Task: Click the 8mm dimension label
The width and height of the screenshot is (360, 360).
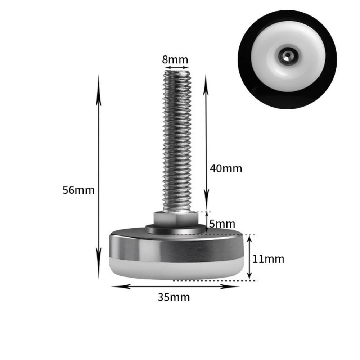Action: point(175,60)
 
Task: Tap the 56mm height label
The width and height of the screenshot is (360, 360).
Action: point(78,190)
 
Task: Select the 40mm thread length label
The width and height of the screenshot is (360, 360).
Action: point(226,168)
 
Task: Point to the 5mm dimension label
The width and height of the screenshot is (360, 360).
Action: point(222,224)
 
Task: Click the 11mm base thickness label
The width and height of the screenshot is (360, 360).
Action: point(268,259)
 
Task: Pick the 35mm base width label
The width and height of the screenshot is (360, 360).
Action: point(174,297)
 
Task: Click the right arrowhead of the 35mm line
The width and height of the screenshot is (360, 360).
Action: point(236,287)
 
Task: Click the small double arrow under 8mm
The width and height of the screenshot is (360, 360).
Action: point(177,67)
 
